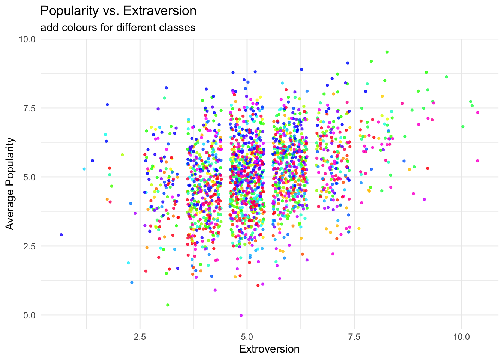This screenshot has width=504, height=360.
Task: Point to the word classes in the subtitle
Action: tap(178, 28)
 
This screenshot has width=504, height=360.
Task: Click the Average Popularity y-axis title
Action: tap(10, 183)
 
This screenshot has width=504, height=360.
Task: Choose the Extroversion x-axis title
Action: tap(269, 349)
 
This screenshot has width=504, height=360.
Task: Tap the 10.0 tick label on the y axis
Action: tap(27, 39)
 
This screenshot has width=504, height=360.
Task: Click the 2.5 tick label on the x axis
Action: tap(140, 336)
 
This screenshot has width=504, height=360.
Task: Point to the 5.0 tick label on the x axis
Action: tap(247, 336)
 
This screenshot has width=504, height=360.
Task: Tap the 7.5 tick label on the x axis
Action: tap(354, 336)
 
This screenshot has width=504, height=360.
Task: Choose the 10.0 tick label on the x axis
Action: tap(462, 336)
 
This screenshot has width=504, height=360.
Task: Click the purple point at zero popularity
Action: tap(241, 315)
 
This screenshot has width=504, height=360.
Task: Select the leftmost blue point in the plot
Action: tap(61, 235)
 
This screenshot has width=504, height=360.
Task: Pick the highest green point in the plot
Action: tap(387, 52)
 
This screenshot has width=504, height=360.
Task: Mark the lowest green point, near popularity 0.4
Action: tap(168, 305)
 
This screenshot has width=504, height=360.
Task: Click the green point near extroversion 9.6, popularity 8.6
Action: tap(446, 77)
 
